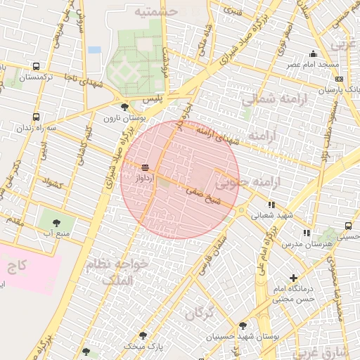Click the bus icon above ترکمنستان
[36, 67]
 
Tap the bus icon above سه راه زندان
[36, 117]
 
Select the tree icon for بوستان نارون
[124, 107]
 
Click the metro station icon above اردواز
[145, 167]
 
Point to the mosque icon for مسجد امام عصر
[313, 54]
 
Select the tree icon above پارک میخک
[143, 335]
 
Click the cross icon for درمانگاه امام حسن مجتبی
[293, 278]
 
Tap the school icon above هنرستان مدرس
[307, 233]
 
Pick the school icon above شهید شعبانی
[272, 205]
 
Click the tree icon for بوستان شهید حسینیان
[243, 326]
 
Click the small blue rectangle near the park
[95, 50]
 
